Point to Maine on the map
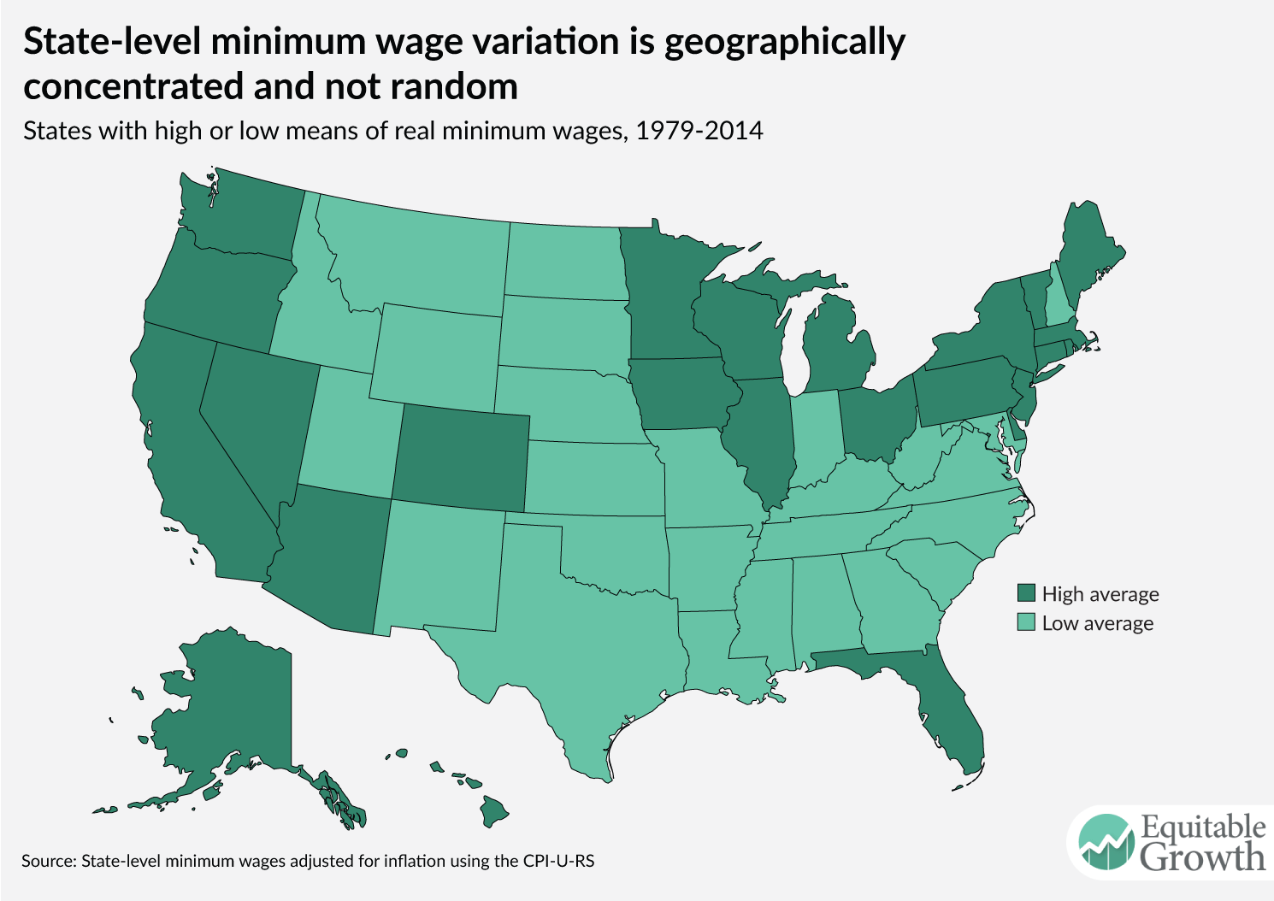pos(1089,256)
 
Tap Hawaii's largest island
pos(492,810)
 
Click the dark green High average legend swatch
pos(1026,593)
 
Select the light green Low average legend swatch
pos(1026,622)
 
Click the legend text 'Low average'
pos(1097,623)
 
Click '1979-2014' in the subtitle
pos(699,131)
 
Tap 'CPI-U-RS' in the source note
pos(557,861)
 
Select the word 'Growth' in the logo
pos(1202,857)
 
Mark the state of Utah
pos(346,436)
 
